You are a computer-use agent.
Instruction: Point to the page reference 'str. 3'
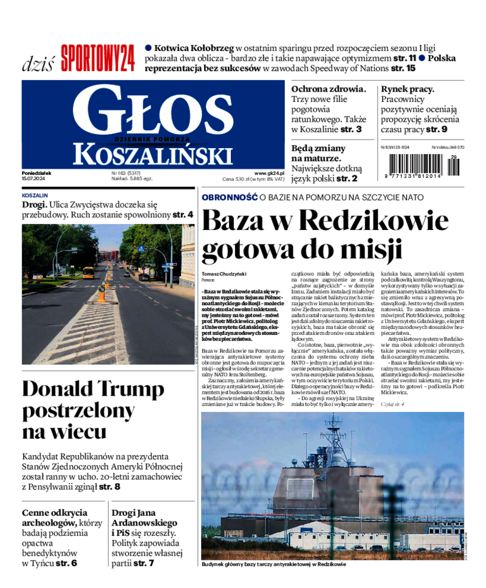351,129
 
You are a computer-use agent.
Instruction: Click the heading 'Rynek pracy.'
408,89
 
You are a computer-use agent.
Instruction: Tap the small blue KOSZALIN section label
35,196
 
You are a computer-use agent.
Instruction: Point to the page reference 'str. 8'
110,486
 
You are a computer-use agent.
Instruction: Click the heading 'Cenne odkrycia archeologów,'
54,517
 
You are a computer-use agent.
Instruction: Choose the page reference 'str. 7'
144,563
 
